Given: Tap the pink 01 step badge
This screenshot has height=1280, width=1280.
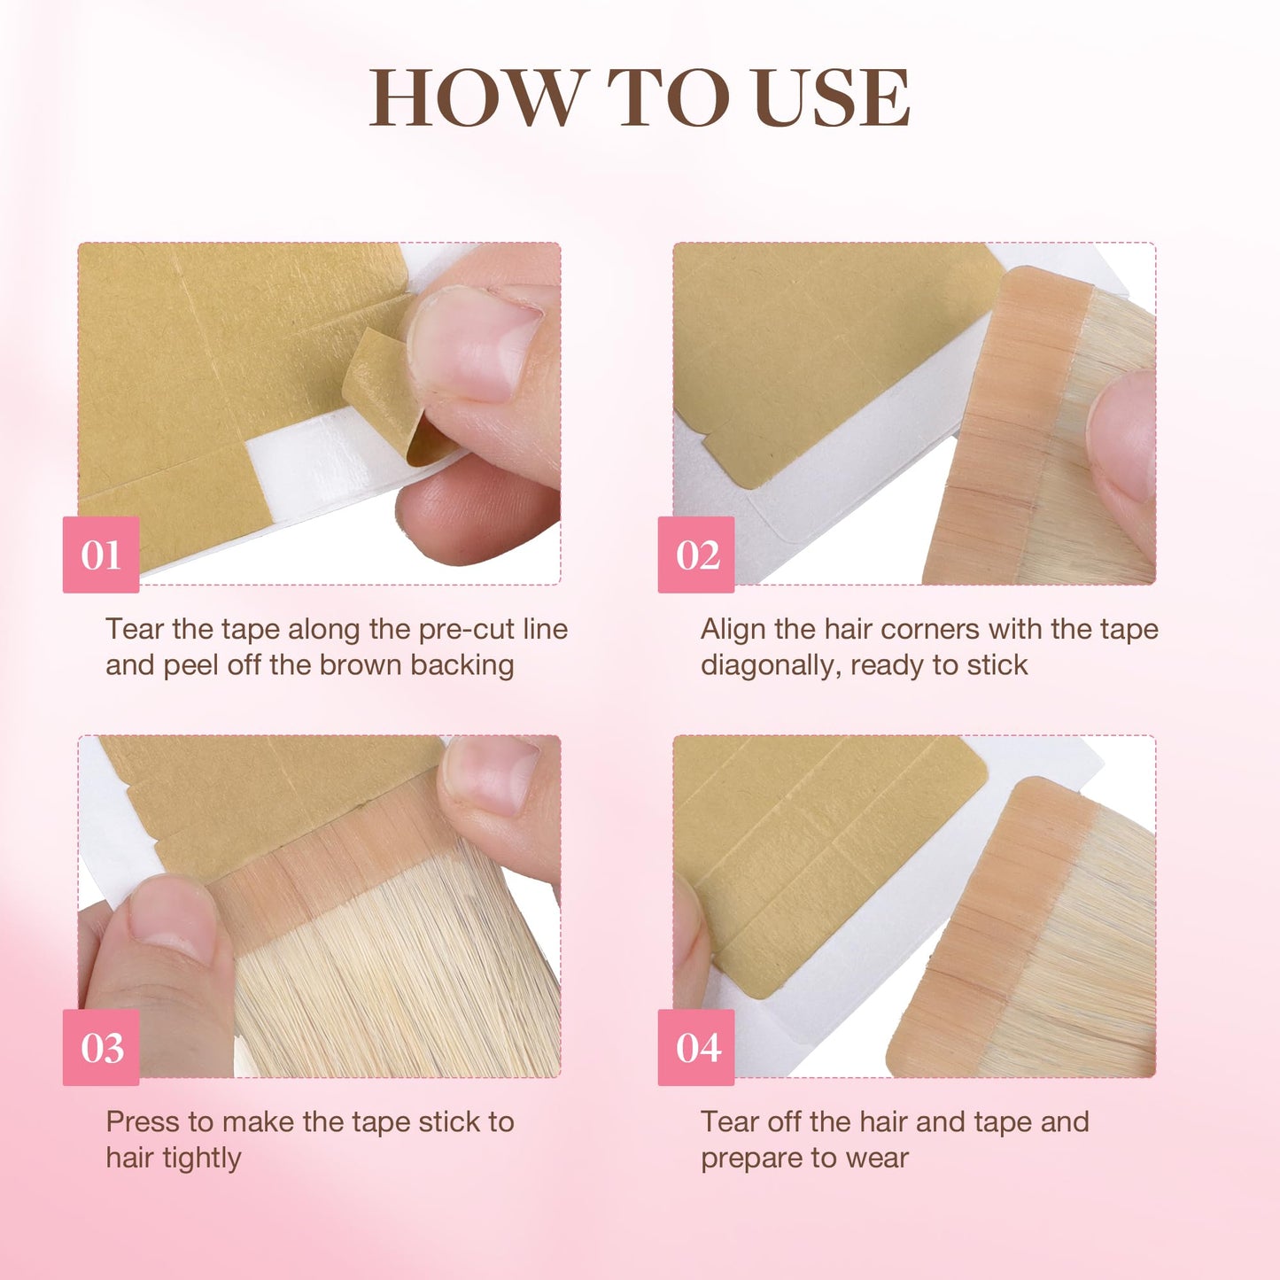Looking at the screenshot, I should click(x=101, y=555).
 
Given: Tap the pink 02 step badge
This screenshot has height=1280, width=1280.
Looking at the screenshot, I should click(x=696, y=555).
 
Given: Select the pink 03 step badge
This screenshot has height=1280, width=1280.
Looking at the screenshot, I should click(x=101, y=1047).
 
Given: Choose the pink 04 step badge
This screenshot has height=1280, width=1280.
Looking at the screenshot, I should click(x=696, y=1047).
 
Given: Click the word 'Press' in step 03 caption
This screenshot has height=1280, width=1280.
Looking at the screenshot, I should click(x=143, y=1121).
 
